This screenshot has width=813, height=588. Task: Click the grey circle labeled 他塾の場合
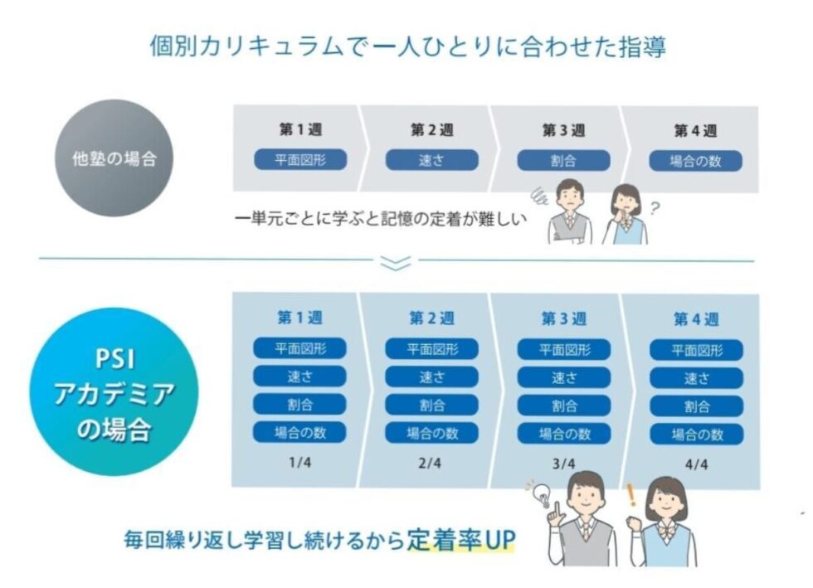pos(114,158)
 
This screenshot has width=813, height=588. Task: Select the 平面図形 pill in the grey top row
pos(300,160)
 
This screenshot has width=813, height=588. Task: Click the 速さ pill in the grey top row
pos(432,160)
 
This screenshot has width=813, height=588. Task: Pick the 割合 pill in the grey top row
pos(563,161)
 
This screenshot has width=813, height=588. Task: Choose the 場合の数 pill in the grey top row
pos(696,161)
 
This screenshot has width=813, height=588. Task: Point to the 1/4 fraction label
pos(300,462)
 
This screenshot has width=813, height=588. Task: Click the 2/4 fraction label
pos(430,463)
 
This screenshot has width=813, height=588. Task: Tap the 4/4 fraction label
pos(696,464)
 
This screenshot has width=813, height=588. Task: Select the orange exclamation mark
pos(631,495)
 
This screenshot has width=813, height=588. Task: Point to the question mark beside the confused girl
pos(655,208)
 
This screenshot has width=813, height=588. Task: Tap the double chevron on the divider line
pos(396,262)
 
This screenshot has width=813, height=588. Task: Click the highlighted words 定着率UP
pos(461,540)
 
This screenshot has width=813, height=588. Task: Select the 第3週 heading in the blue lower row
pos(564,318)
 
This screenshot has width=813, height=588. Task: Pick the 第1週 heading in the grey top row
pos(300,129)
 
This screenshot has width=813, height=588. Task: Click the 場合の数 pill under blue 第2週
pos(432,433)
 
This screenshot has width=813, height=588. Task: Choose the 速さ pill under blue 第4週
pos(696,378)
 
